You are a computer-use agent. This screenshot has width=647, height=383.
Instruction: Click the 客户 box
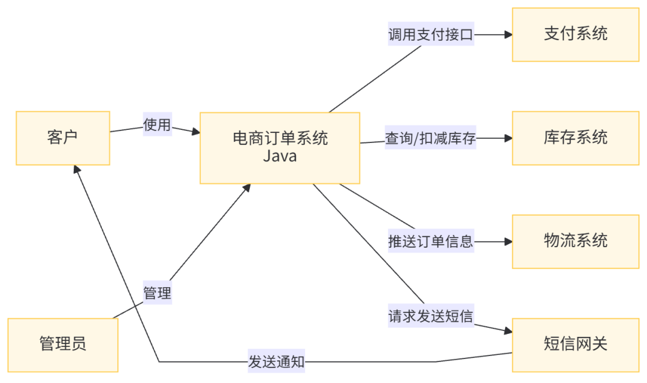63,138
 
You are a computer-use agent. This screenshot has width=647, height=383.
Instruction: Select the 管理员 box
63,344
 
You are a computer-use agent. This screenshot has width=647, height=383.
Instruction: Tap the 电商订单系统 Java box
280,147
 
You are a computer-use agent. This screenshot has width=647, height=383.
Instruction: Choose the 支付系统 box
575,34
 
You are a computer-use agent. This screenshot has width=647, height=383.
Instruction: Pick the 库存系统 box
575,138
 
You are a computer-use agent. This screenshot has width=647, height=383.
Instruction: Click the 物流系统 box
575,241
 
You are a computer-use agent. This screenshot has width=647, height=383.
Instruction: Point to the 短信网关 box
575,344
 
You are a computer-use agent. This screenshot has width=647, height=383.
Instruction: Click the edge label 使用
157,125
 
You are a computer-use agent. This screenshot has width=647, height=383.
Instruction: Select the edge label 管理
157,293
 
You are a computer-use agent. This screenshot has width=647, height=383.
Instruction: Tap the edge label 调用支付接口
431,35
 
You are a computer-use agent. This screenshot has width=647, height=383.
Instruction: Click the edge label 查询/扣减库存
431,139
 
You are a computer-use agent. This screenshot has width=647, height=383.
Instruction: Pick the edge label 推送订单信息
431,242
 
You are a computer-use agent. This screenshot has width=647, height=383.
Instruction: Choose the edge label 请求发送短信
431,316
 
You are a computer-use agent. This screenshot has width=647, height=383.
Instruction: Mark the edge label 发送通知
277,361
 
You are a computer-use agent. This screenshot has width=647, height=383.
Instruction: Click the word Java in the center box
280,157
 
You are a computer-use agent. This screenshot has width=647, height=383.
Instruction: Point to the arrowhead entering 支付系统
508,35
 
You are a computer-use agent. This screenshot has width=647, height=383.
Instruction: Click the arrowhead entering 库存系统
508,138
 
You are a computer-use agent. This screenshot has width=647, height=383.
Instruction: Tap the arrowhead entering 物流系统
508,242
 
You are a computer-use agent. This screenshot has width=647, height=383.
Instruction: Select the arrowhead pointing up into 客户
76,170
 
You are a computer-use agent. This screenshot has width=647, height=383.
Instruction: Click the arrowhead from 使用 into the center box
195,132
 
